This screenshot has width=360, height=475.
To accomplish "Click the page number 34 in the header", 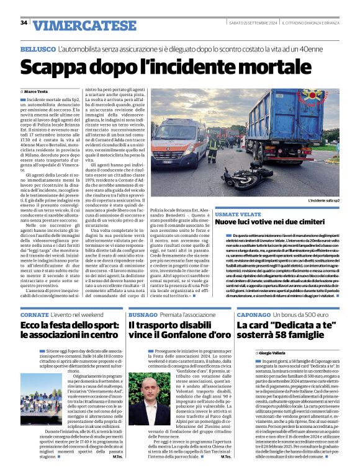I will (24, 23).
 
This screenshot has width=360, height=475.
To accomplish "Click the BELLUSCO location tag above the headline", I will (37, 47).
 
